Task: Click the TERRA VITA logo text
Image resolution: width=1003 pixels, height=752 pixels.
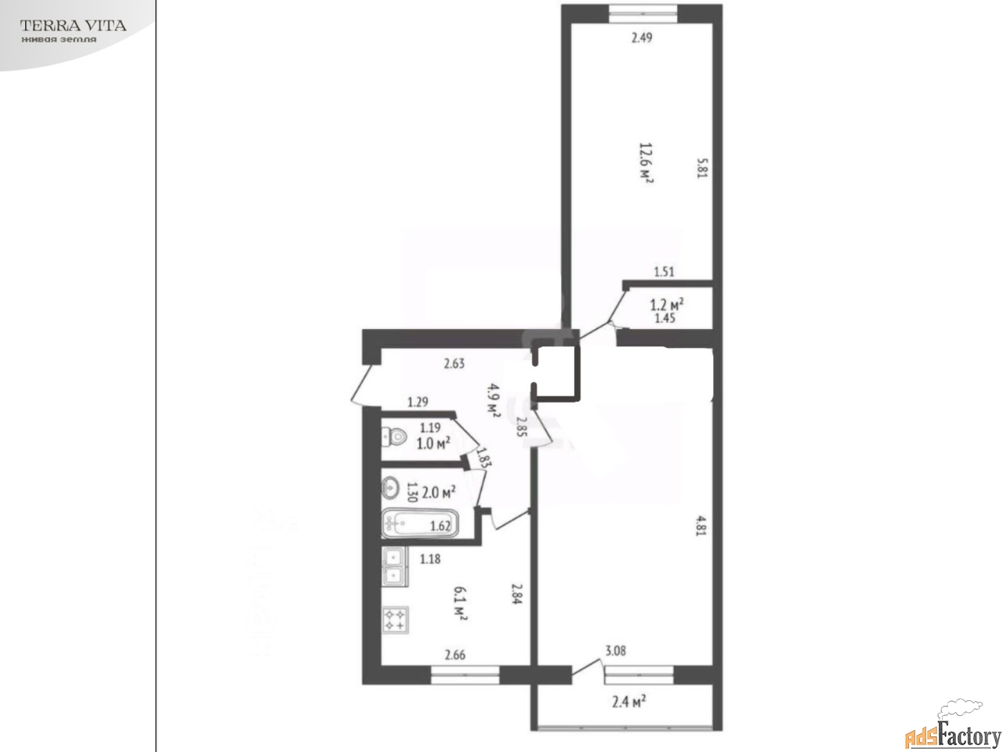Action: click(x=73, y=26)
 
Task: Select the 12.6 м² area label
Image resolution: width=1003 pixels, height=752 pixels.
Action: click(x=646, y=163)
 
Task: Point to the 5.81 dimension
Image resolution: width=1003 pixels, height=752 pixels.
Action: click(x=702, y=168)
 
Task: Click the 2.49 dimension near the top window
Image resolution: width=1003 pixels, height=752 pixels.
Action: click(x=642, y=38)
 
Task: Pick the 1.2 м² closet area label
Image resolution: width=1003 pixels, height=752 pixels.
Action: click(x=667, y=304)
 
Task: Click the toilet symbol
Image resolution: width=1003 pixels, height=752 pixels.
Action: click(x=394, y=437)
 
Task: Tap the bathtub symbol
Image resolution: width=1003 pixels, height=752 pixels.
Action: click(x=420, y=523)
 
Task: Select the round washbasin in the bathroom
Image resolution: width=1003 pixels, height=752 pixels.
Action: click(x=390, y=488)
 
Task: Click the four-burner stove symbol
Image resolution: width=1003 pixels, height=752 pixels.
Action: click(x=395, y=620)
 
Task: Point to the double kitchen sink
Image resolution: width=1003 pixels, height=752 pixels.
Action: click(x=393, y=566)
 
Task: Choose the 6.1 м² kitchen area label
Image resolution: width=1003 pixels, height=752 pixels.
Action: click(x=460, y=604)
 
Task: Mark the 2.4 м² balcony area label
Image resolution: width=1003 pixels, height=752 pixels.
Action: click(x=628, y=701)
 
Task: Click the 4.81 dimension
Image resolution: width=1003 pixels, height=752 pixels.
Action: click(x=701, y=526)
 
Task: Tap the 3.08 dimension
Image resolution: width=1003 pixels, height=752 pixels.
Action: click(x=615, y=651)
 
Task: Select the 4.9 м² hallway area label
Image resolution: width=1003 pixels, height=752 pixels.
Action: click(x=493, y=400)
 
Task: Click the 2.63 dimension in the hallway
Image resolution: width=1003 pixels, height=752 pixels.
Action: click(x=454, y=363)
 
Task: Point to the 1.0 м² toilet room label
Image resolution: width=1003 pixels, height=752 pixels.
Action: click(x=433, y=443)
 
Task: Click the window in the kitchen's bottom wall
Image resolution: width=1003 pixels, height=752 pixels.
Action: click(x=465, y=674)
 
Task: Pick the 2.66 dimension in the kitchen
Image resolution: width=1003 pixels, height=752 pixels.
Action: click(x=455, y=655)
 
